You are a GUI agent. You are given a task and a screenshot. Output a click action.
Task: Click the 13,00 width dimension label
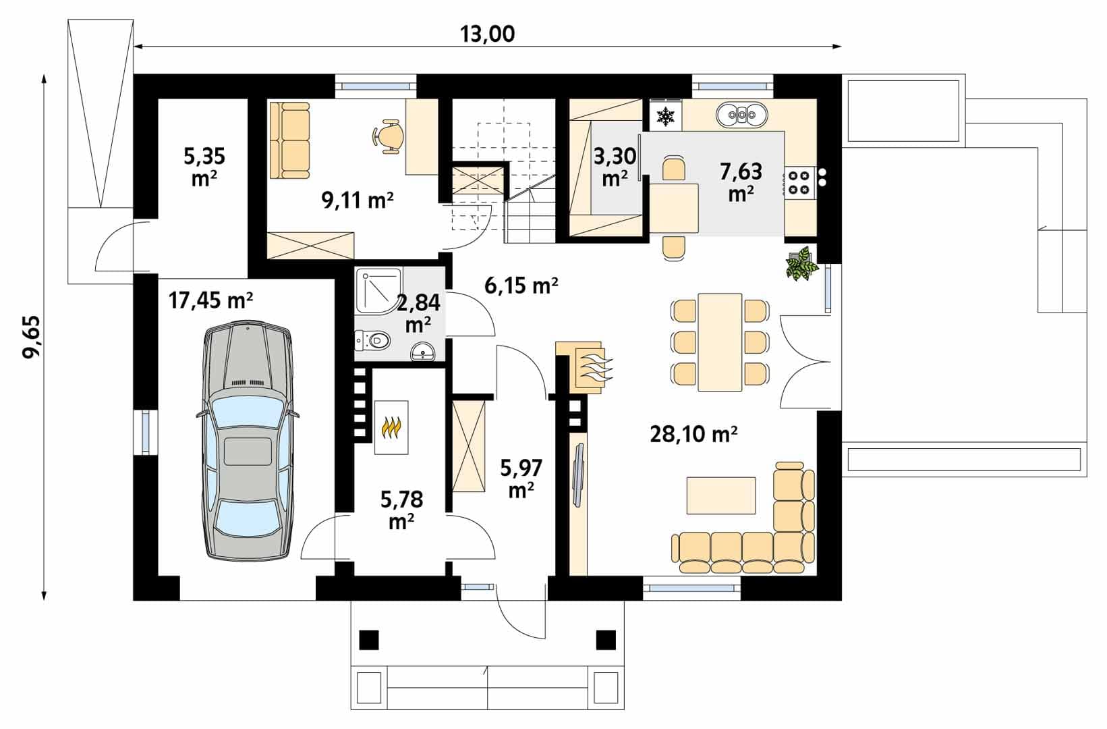[x=487, y=34]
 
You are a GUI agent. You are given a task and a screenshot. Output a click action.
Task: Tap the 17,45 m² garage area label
[x=211, y=300]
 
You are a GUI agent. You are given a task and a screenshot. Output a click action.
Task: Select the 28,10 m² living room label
[x=693, y=434]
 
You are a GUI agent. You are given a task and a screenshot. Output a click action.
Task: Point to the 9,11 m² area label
[x=358, y=200]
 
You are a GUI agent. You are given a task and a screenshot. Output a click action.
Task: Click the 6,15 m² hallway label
[x=521, y=285]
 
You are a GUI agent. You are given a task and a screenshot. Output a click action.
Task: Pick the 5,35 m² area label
[x=204, y=167]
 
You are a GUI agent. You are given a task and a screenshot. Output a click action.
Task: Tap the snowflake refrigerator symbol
[x=666, y=115]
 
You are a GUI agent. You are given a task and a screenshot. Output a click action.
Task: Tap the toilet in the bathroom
[x=373, y=340]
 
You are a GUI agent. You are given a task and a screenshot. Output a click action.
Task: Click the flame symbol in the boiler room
[x=391, y=428]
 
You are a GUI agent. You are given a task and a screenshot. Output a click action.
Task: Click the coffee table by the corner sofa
[x=721, y=495]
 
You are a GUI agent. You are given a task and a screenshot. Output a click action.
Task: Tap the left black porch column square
[x=369, y=639]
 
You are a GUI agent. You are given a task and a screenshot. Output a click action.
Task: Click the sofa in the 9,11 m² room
[x=289, y=140]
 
